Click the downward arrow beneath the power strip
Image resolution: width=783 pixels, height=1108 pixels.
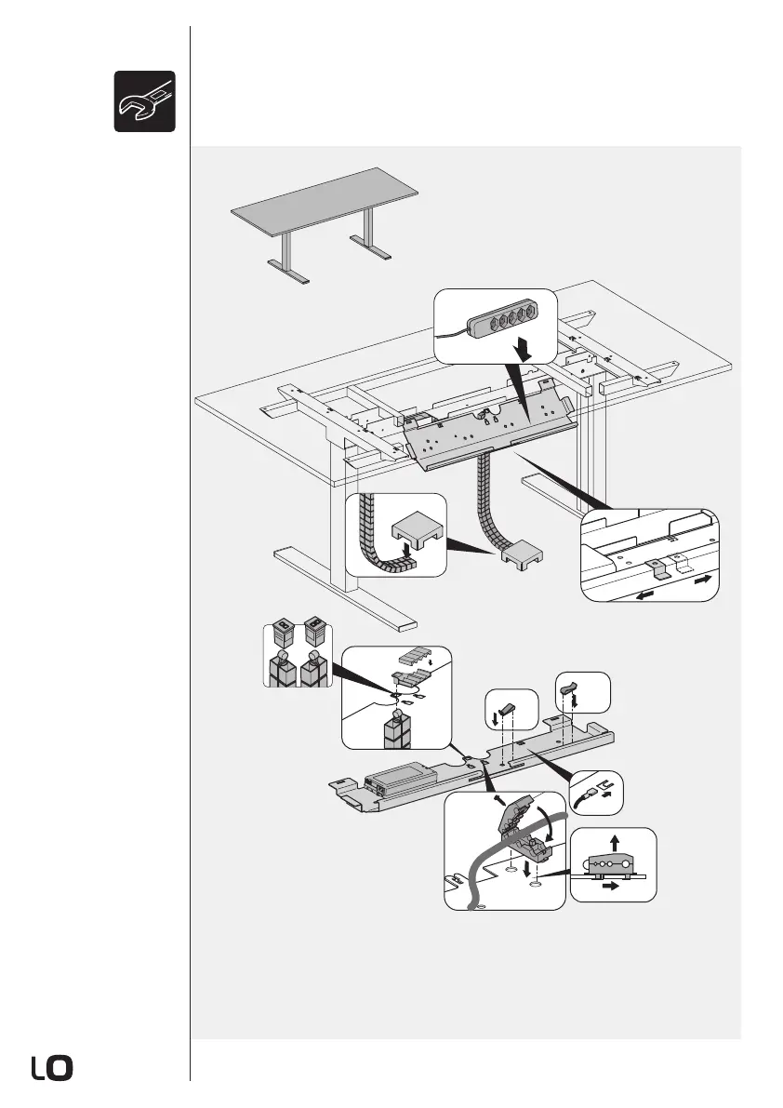coord(524,350)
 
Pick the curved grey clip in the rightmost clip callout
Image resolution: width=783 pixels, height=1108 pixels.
coord(569,689)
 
